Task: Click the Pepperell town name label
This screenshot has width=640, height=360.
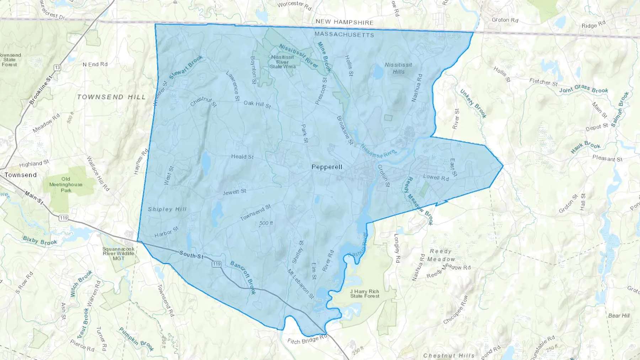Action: [x=327, y=167]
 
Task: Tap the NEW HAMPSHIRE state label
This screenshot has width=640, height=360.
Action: [x=345, y=22]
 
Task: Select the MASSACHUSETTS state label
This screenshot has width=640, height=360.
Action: [x=344, y=34]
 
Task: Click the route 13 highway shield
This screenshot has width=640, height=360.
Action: [x=57, y=68]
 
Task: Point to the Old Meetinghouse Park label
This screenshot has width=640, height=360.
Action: [x=66, y=184]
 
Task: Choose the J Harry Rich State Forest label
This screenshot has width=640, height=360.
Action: [x=364, y=294]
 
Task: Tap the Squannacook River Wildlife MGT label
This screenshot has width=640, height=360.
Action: [x=118, y=253]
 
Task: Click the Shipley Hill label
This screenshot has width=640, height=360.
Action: [x=167, y=209]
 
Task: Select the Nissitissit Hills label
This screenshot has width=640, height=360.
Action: [x=398, y=68]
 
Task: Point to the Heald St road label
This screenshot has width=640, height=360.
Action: [x=242, y=156]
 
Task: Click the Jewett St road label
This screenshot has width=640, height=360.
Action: [x=234, y=192]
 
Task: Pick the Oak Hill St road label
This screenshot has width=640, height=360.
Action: [x=257, y=104]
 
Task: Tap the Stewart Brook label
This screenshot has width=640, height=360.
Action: [x=186, y=67]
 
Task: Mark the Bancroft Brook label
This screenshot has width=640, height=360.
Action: [x=243, y=278]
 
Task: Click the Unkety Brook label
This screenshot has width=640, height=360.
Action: [x=473, y=103]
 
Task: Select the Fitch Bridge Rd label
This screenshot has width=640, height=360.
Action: [x=307, y=340]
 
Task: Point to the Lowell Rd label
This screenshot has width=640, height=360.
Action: [x=436, y=177]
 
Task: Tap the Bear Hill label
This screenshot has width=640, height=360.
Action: [x=619, y=315]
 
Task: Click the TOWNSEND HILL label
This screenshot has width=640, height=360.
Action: [x=111, y=97]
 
